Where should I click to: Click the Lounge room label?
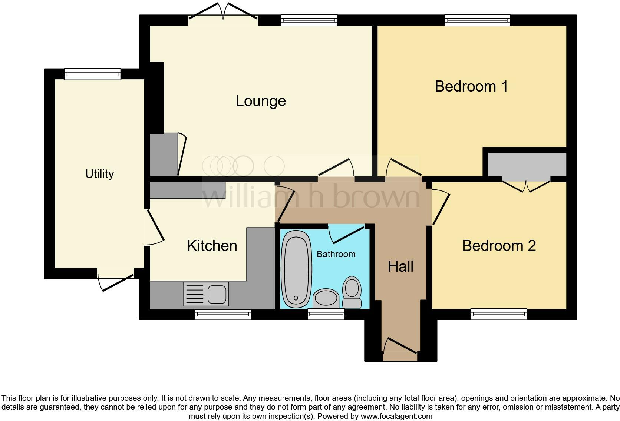coord(261,101)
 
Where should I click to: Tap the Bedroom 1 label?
coord(471,86)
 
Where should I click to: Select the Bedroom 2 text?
coord(499,246)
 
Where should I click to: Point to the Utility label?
coord(99,173)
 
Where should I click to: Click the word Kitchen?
coord(212,246)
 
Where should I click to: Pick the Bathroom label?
coord(336,254)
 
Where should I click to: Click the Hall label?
coord(400,266)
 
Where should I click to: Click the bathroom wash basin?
coord(326,298)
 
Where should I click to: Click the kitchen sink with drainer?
coord(206,294)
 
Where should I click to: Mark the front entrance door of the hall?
coord(400,346)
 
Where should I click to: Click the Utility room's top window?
coord(92,74)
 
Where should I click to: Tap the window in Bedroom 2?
coord(498,314)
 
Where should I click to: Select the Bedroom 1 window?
coord(477,20)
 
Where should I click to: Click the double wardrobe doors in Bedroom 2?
coord(526,185)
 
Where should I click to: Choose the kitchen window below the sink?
coord(223,315)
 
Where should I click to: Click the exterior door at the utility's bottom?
coord(115,282)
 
